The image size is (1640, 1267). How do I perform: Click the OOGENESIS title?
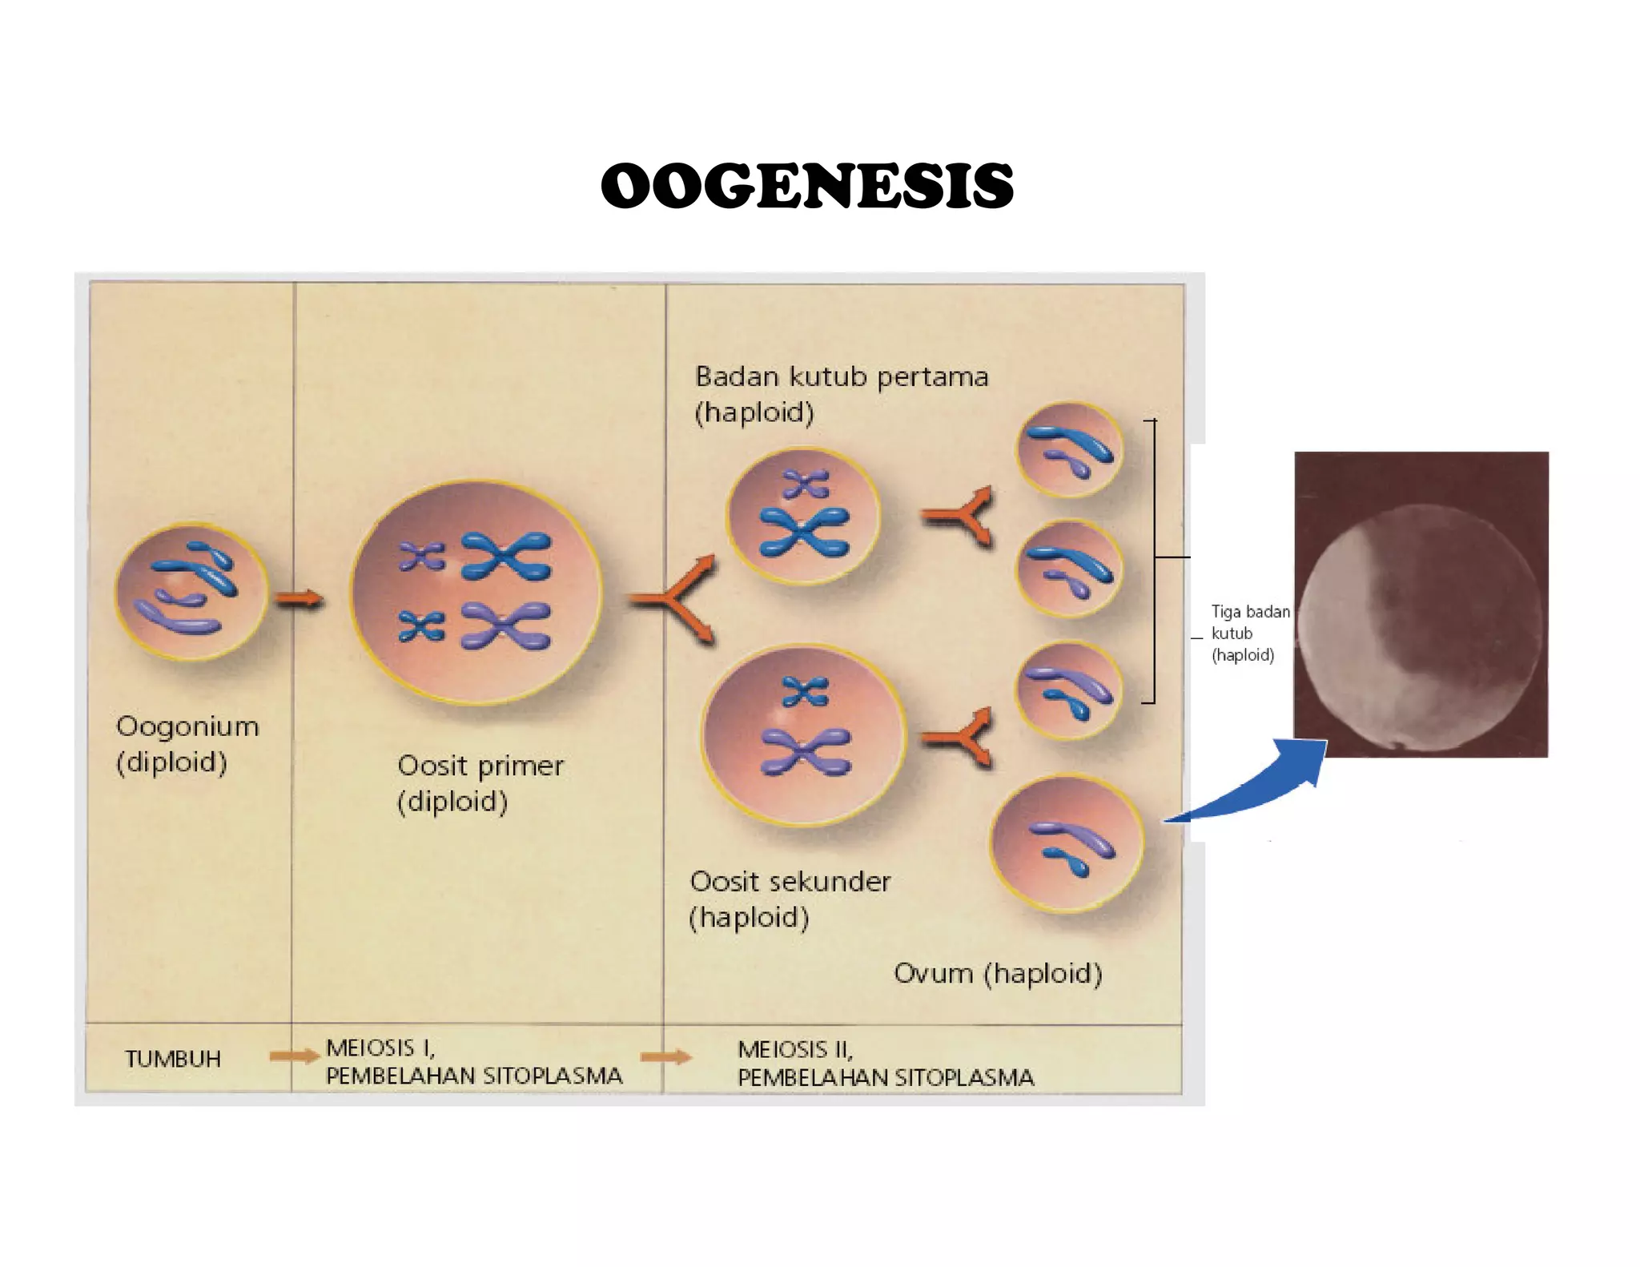[807, 185]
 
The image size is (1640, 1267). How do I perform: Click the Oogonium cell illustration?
[191, 593]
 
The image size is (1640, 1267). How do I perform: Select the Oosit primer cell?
[476, 593]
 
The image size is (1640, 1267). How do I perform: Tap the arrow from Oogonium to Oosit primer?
[299, 598]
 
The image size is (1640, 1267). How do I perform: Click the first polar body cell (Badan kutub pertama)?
[803, 516]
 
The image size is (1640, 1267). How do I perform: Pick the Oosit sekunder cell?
[803, 734]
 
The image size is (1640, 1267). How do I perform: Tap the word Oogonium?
[187, 726]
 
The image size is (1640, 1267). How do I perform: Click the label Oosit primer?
[480, 766]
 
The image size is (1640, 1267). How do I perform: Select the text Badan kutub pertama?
[842, 376]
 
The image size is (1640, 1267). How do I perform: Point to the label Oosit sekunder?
[790, 882]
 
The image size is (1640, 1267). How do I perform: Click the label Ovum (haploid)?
[998, 974]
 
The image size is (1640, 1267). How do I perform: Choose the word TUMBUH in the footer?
[173, 1059]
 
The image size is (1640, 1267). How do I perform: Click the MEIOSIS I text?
[380, 1048]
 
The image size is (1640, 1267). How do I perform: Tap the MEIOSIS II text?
[795, 1049]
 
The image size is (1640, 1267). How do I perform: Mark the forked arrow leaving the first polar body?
[959, 516]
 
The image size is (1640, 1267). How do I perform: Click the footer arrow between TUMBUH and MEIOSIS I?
[293, 1056]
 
